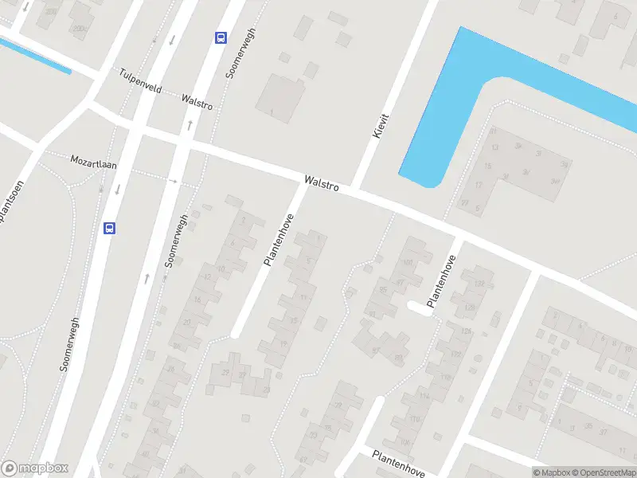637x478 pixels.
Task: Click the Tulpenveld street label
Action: (139, 80)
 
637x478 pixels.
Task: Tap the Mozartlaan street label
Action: (93, 161)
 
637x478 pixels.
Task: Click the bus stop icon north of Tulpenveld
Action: (220, 37)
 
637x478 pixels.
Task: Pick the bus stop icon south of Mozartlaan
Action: (109, 228)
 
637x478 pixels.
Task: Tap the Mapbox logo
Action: (35, 468)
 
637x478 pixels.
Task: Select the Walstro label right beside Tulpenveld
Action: (196, 102)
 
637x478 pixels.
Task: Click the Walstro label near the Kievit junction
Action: (322, 184)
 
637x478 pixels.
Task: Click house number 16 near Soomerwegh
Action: (197, 300)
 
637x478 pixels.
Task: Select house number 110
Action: (415, 418)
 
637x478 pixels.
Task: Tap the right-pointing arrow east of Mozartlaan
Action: (174, 181)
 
